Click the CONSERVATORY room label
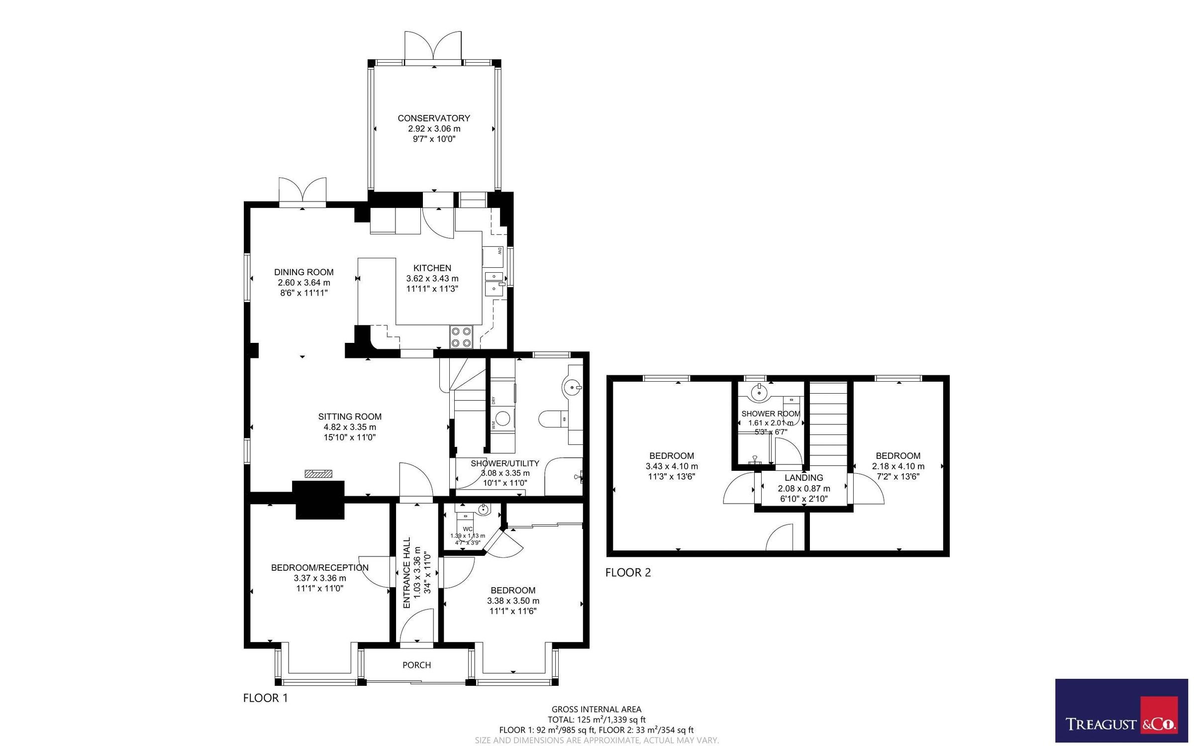(433, 118)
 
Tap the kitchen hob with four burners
(461, 336)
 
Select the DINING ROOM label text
(303, 272)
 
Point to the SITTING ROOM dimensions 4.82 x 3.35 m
(350, 427)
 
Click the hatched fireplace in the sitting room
(318, 474)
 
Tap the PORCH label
(416, 665)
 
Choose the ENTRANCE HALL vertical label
(406, 572)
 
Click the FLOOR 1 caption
(265, 698)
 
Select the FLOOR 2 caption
(628, 572)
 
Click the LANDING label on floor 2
(803, 478)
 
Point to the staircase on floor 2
(828, 423)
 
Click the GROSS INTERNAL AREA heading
(596, 709)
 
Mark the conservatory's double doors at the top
(433, 47)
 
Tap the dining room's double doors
(302, 192)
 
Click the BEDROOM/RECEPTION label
(319, 567)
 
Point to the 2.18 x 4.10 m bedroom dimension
(898, 466)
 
